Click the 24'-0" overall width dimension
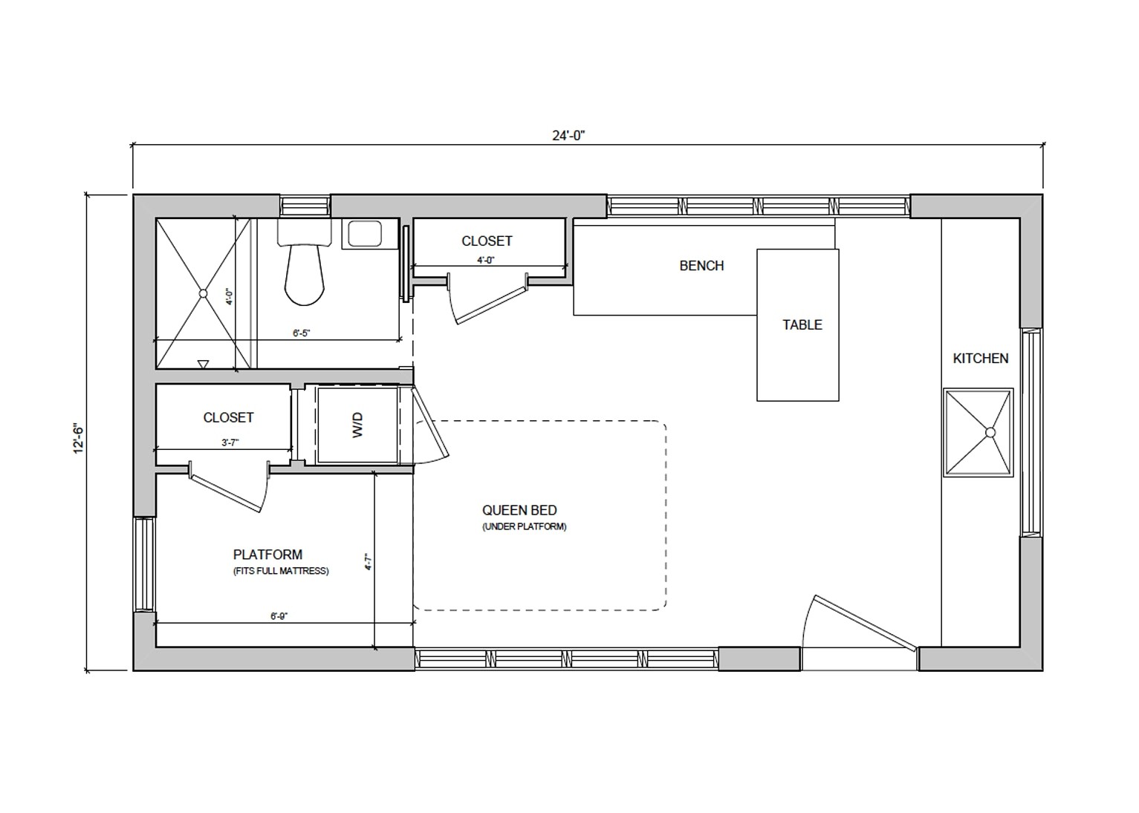pos(570,135)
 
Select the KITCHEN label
pos(980,359)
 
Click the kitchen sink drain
pos(990,432)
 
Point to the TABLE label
pos(802,325)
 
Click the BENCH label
pos(701,266)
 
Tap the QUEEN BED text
pos(519,510)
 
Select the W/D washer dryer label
pos(358,425)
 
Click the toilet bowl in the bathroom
pos(304,275)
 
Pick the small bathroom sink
pos(363,234)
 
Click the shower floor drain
pos(203,293)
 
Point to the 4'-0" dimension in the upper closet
pos(486,261)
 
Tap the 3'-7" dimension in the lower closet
pos(230,443)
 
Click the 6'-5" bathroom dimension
pos(301,334)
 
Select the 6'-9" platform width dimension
pos(279,616)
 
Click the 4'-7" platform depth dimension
pos(368,561)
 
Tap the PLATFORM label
pos(267,555)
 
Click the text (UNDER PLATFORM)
pos(524,527)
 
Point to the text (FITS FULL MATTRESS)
pos(280,571)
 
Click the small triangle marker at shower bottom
pos(203,364)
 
